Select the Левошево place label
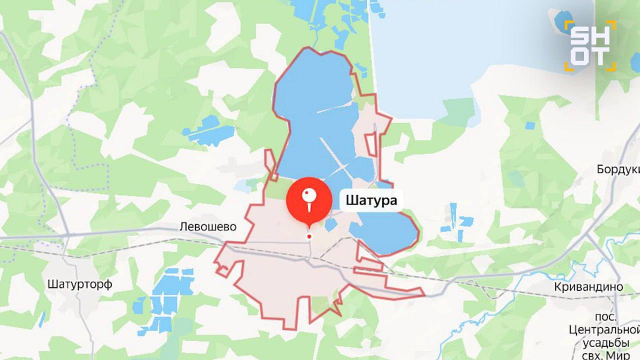[207, 227]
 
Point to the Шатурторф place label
[80, 284]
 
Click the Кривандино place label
[588, 287]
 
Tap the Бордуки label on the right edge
[618, 169]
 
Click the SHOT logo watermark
[590, 45]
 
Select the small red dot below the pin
[309, 236]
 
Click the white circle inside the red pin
[309, 194]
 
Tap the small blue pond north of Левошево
[210, 130]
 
